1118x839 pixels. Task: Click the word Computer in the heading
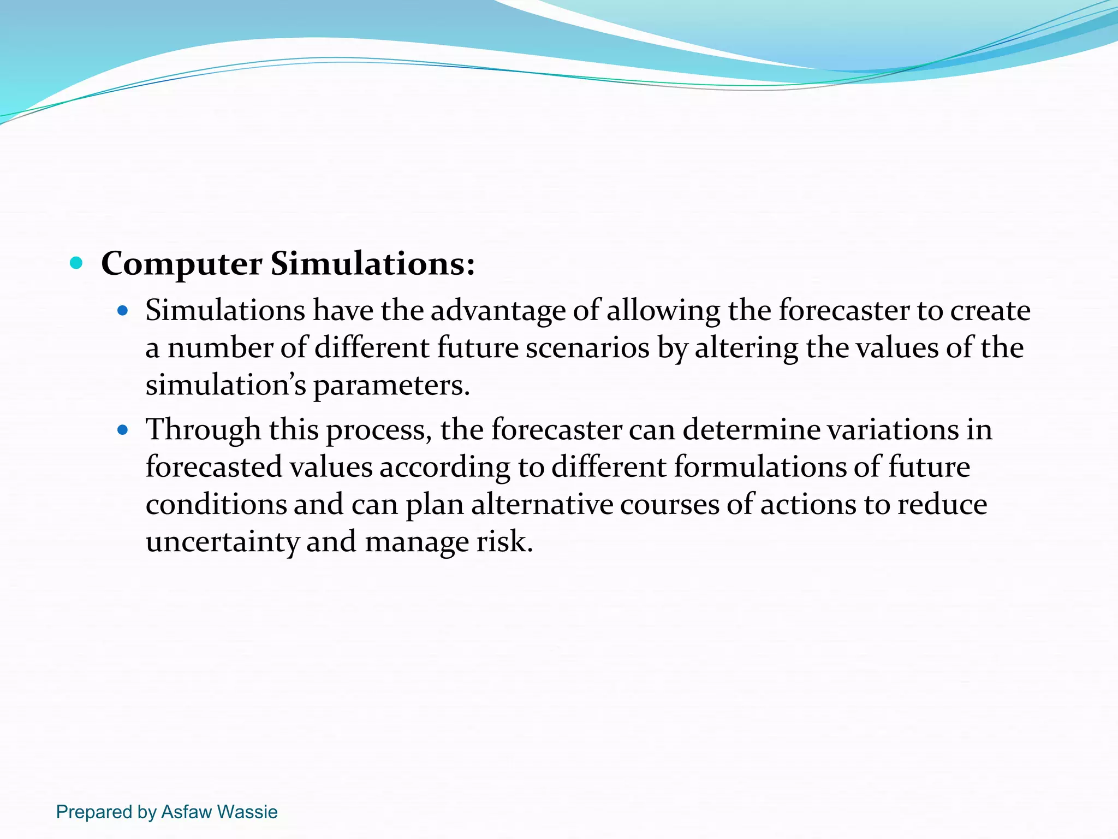[181, 264]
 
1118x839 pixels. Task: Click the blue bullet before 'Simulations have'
[123, 311]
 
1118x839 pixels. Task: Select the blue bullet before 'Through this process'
[123, 430]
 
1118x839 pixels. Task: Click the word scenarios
[587, 348]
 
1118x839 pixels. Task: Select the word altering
[746, 348]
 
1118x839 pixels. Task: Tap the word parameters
[391, 386]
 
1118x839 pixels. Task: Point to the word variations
[893, 429]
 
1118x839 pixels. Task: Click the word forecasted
[213, 467]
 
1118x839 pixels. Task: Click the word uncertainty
[222, 542]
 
